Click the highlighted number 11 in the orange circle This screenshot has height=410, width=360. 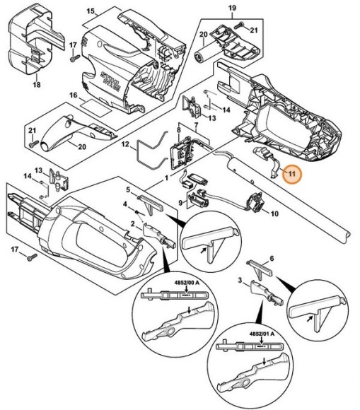[290, 172]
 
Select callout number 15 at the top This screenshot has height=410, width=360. [90, 11]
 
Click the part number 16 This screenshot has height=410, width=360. [72, 95]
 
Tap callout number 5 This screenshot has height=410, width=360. [129, 189]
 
